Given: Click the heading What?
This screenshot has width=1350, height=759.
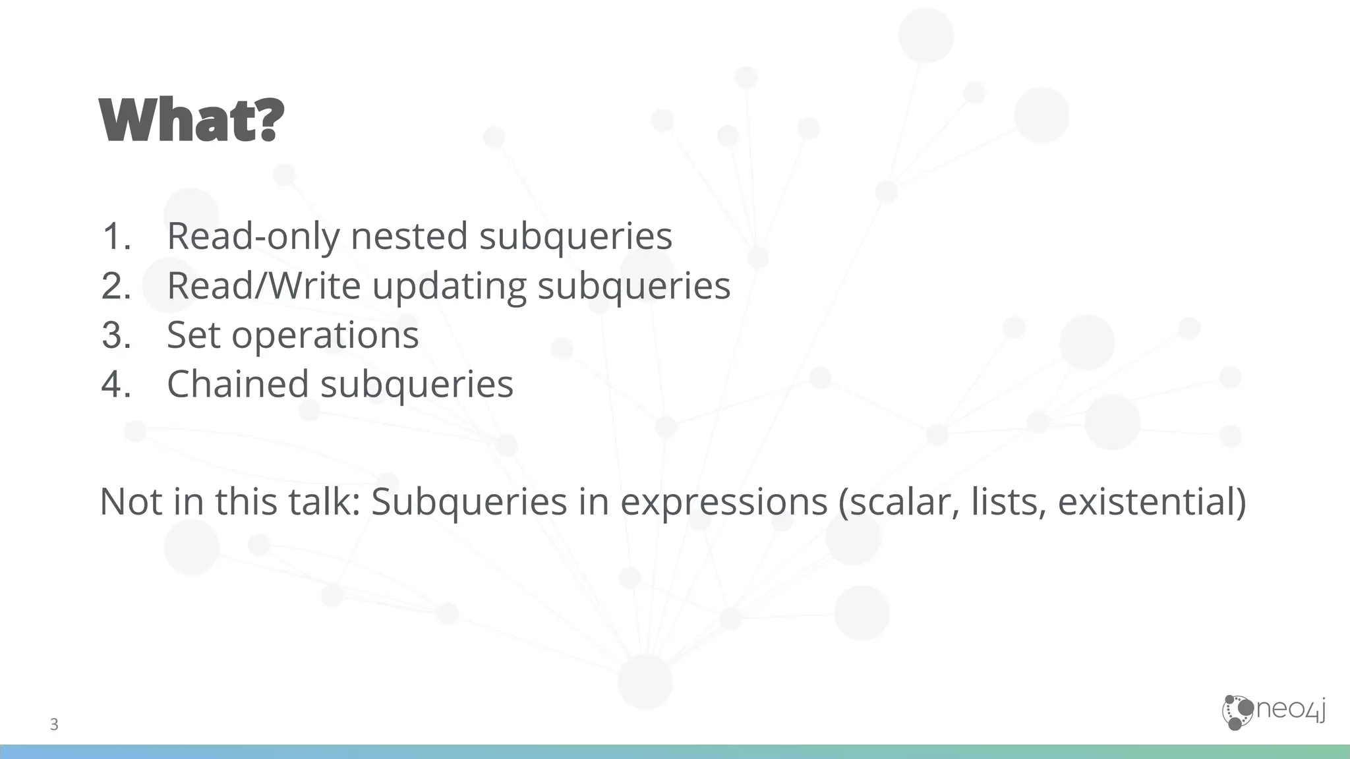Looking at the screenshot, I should pyautogui.click(x=192, y=120).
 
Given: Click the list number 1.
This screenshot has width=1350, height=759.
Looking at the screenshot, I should pyautogui.click(x=116, y=236).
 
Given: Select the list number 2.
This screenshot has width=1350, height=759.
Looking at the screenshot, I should pyautogui.click(x=116, y=285).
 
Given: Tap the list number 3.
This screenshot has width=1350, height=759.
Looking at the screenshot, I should pyautogui.click(x=116, y=335).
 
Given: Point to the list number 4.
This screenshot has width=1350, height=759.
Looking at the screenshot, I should pyautogui.click(x=116, y=384).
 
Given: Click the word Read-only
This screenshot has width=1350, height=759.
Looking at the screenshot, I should pyautogui.click(x=253, y=236).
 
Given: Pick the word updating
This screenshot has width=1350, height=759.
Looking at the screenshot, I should pyautogui.click(x=449, y=287).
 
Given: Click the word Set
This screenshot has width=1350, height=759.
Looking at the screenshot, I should pyautogui.click(x=193, y=335).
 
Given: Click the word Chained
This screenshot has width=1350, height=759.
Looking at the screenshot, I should pyautogui.click(x=237, y=384).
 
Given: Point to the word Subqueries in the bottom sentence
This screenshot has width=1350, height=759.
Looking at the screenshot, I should pyautogui.click(x=469, y=502).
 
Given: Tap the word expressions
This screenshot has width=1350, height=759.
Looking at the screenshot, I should pyautogui.click(x=723, y=502).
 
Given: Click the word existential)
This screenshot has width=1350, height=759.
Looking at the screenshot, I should pyautogui.click(x=1152, y=502).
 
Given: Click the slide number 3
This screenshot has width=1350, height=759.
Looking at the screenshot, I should pyautogui.click(x=54, y=725).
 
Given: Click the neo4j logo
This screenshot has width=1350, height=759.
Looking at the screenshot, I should pyautogui.click(x=1274, y=712).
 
